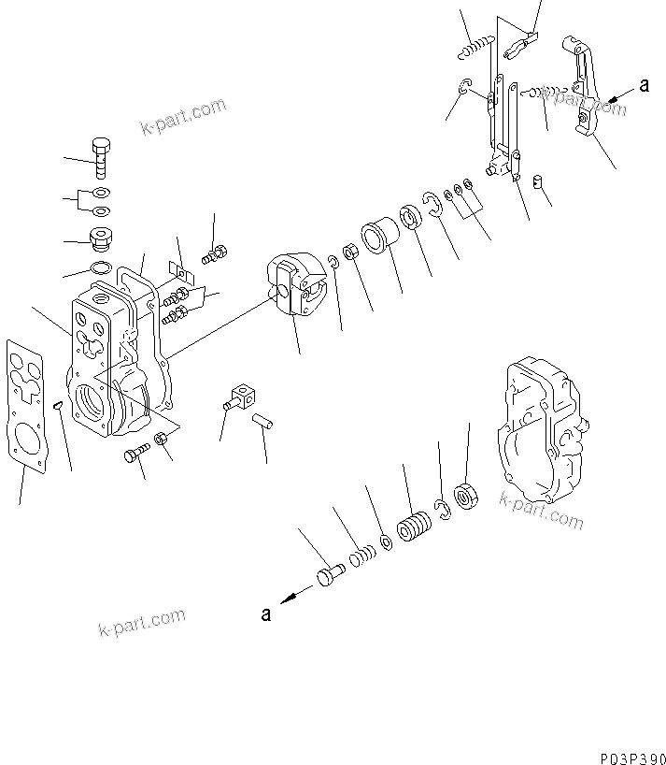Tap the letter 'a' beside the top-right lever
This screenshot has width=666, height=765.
[x=644, y=86]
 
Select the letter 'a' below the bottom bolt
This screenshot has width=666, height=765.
[x=266, y=614]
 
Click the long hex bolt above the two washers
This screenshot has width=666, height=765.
[x=101, y=160]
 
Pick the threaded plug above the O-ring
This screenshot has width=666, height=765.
[x=98, y=240]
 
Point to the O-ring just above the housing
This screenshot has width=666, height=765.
[x=101, y=270]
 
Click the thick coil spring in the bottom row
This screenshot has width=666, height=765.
[x=412, y=527]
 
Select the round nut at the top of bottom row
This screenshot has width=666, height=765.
[x=464, y=497]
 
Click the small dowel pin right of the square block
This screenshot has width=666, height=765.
[x=266, y=421]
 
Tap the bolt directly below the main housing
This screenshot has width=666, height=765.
[x=135, y=456]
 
